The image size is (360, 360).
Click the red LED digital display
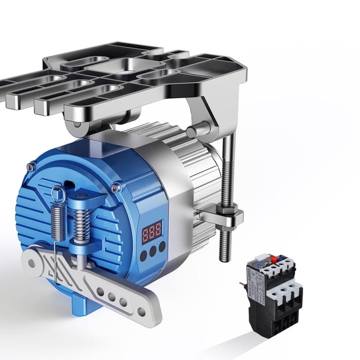tap(152, 231)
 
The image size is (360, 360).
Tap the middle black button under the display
tap(153, 252)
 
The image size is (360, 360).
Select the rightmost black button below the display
tap(162, 247)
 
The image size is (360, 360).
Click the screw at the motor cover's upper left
tap(30, 167)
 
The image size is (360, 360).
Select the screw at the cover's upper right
tap(116, 187)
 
